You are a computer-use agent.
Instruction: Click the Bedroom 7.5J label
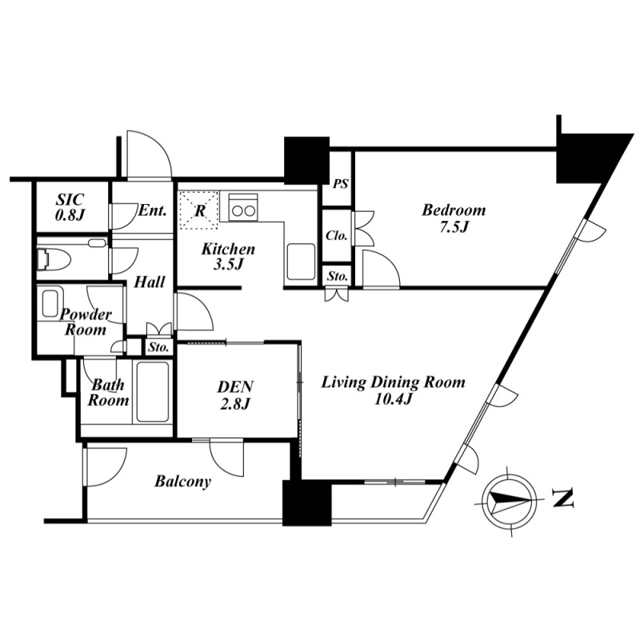tap(454, 218)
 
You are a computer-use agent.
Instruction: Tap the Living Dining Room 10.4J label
tap(393, 390)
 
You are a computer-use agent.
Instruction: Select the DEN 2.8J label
tap(235, 394)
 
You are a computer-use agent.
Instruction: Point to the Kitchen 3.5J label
tap(228, 256)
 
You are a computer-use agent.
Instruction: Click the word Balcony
tap(182, 482)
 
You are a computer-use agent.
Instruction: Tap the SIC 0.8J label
tap(70, 207)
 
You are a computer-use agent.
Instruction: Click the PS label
tap(341, 184)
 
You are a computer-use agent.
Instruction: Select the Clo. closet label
tap(336, 235)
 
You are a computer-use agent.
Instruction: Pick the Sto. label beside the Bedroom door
tap(338, 276)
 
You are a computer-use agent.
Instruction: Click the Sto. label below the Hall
tap(158, 347)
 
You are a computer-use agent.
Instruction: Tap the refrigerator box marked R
tap(199, 210)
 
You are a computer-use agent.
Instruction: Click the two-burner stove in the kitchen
tap(243, 207)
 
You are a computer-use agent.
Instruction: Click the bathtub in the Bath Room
tap(153, 391)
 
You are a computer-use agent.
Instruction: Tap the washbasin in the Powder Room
tap(50, 303)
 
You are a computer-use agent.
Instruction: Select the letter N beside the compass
tap(563, 498)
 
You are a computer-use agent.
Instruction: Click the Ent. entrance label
tap(153, 211)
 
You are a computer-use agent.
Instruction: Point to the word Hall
tap(150, 282)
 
